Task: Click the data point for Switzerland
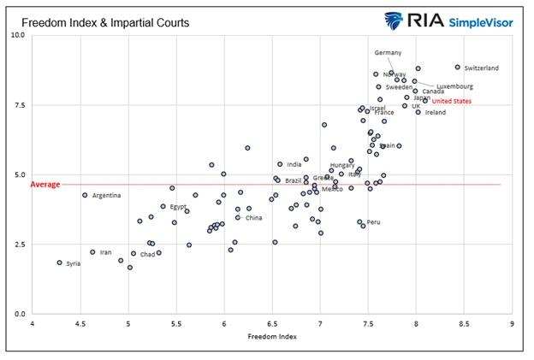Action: click(458, 67)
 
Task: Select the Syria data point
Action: click(59, 263)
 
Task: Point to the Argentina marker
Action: click(85, 195)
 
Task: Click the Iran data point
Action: click(92, 252)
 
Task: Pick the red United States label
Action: click(450, 101)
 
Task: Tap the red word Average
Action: click(44, 184)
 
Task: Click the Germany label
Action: click(388, 53)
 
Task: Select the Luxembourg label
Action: click(454, 86)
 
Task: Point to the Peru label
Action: click(373, 222)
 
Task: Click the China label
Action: click(253, 218)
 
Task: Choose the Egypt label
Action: click(178, 207)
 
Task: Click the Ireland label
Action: click(436, 112)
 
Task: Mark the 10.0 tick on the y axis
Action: click(17, 35)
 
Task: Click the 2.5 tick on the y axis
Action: click(19, 245)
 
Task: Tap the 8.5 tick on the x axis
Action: click(464, 325)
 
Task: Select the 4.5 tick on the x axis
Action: click(80, 325)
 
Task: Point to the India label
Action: click(294, 164)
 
